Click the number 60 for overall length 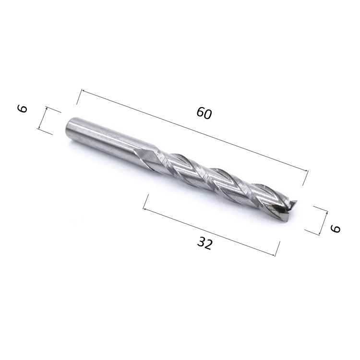[204, 113]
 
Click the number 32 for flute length [205, 243]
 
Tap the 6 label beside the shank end [23, 108]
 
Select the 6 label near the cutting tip [335, 228]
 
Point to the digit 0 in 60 [207, 115]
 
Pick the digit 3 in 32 [201, 242]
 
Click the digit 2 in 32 [209, 245]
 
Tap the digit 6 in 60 [200, 112]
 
